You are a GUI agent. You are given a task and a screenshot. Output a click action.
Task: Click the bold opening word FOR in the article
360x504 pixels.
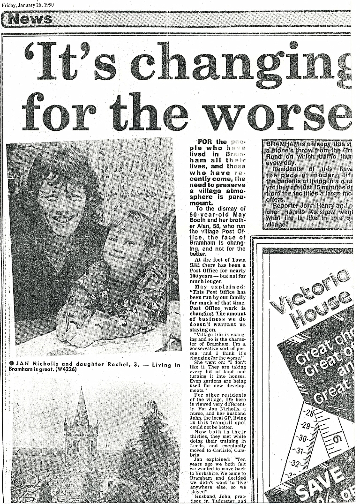[x=206, y=142]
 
